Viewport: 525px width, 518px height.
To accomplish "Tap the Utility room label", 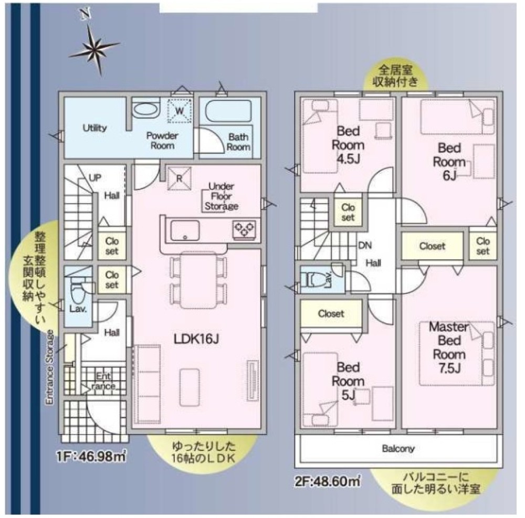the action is (x=94, y=128).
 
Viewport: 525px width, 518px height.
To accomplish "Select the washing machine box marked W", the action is (x=180, y=111).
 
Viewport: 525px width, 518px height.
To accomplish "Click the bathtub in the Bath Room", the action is (x=228, y=111).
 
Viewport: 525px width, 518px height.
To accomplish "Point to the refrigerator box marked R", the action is (x=180, y=178).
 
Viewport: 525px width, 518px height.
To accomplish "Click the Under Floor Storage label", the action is (x=222, y=196).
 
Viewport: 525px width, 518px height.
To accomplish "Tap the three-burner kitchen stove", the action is (x=245, y=230).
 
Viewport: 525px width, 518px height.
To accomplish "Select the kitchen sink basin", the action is (x=185, y=231).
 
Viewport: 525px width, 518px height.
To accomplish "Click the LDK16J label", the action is (x=196, y=339).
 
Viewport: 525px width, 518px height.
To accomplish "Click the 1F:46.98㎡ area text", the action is (x=91, y=457).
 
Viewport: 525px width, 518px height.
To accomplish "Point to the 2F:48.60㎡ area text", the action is (x=328, y=482).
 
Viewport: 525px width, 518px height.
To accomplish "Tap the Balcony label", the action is (x=398, y=448).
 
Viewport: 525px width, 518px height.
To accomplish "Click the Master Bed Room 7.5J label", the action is (x=449, y=347).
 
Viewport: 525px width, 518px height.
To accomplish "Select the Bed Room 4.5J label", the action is (x=348, y=145).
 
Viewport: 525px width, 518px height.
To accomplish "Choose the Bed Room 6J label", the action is (x=449, y=162).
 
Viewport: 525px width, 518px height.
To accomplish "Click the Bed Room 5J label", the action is (x=348, y=381).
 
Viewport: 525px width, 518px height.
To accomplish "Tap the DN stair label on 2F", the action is (x=365, y=245).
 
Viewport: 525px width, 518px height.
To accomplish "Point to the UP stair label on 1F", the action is (x=94, y=178).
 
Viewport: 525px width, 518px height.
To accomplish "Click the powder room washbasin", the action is (x=145, y=110).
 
